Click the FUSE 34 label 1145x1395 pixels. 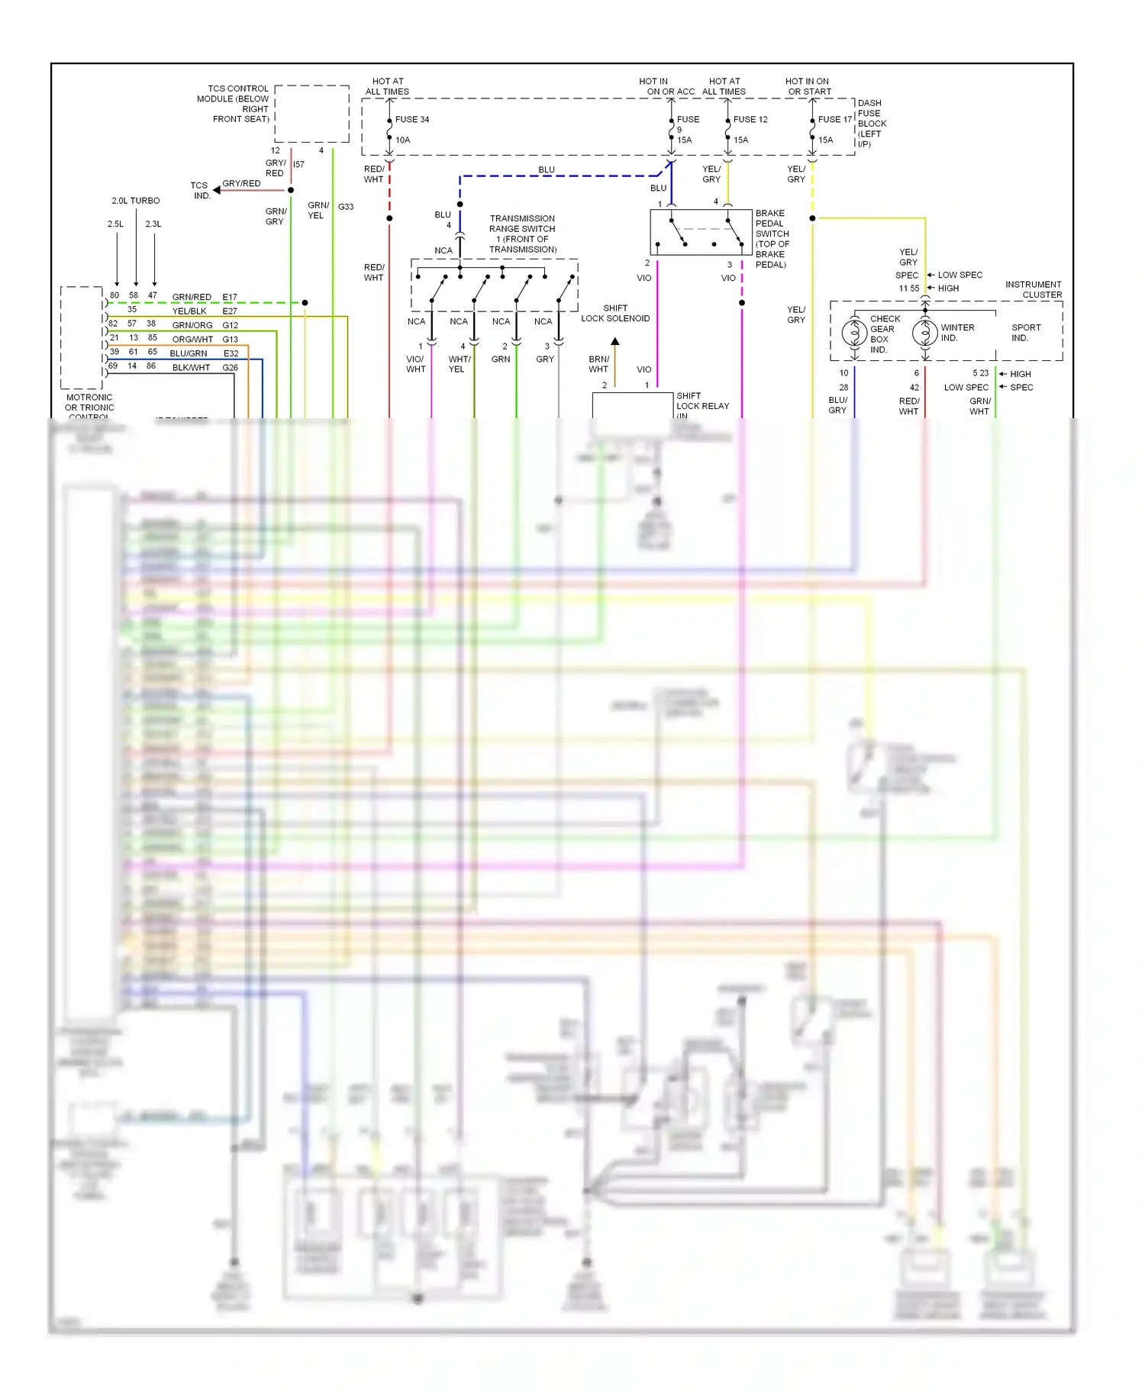(x=411, y=120)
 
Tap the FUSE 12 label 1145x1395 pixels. (x=750, y=120)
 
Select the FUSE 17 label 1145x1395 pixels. (x=834, y=120)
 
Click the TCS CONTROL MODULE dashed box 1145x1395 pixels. (x=311, y=114)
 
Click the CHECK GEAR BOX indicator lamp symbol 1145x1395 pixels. (x=854, y=333)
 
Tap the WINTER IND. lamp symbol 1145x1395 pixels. (x=924, y=333)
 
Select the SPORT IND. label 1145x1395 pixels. (x=1025, y=333)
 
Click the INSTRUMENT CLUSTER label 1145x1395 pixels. (x=1033, y=289)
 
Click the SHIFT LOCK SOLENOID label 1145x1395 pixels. (x=615, y=314)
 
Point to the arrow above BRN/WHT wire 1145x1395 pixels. (x=614, y=342)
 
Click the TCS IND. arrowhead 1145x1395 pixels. (x=217, y=190)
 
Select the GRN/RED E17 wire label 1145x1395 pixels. (x=204, y=297)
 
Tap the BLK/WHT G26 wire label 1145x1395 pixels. (x=204, y=367)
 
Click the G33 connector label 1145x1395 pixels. (x=346, y=207)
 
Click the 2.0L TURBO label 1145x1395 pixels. (x=136, y=201)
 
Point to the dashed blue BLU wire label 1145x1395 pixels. (x=547, y=169)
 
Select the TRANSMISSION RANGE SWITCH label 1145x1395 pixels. (x=523, y=234)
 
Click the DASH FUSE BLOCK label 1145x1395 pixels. (x=871, y=124)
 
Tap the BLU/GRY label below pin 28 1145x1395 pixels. (x=837, y=405)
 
